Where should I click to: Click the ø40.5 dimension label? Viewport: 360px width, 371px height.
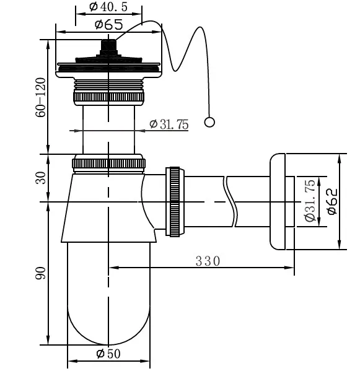(108, 7)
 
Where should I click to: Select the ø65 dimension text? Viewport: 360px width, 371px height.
(109, 24)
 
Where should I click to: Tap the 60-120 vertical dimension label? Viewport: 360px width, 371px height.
(41, 97)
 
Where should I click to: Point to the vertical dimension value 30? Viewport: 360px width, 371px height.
(41, 178)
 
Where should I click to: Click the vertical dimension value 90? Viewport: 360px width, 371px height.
(41, 273)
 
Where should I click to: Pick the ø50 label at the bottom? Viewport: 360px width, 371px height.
(108, 354)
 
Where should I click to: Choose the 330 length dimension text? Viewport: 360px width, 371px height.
(208, 261)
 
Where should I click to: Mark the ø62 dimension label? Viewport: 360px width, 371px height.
(332, 201)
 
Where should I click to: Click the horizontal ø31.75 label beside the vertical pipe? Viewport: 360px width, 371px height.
(169, 124)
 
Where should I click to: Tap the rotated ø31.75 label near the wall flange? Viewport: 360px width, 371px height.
(310, 201)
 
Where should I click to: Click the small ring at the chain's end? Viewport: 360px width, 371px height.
(209, 123)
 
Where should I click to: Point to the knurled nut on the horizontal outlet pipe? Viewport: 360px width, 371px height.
(175, 202)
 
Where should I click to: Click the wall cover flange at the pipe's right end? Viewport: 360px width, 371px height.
(278, 201)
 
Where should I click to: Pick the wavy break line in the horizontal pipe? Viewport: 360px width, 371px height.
(230, 201)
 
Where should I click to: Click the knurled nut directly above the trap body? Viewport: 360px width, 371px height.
(108, 164)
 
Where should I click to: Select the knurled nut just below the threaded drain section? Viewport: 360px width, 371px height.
(108, 97)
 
